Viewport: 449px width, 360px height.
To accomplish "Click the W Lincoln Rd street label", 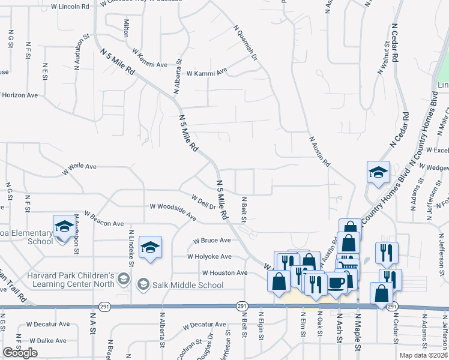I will pyautogui.click(x=70, y=6).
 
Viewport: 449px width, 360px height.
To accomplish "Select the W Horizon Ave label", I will pyautogui.click(x=20, y=95).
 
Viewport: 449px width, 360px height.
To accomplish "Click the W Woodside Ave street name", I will pyautogui.click(x=173, y=211).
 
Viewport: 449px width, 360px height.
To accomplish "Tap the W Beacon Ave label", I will pyautogui.click(x=104, y=218).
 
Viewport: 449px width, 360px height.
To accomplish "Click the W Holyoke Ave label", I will pyautogui.click(x=208, y=257).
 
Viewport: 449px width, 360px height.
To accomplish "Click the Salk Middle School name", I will pyautogui.click(x=190, y=284).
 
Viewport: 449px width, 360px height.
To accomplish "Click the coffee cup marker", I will pyautogui.click(x=336, y=281).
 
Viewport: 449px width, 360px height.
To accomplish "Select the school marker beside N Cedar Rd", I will pyautogui.click(x=378, y=172).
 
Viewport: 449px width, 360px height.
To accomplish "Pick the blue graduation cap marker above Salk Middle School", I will pyautogui.click(x=150, y=247).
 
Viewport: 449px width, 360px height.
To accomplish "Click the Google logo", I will pyautogui.click(x=20, y=353).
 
